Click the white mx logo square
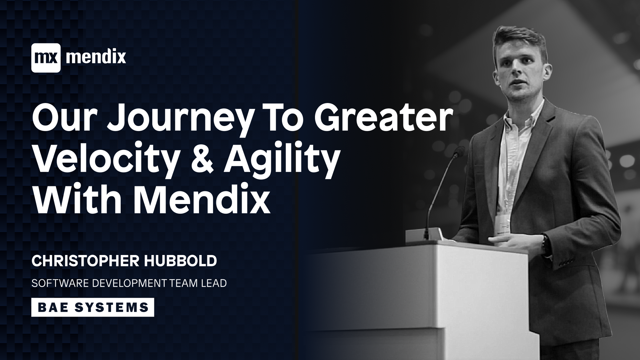[x=46, y=58]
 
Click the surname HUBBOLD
[x=180, y=261]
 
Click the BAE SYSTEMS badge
[x=93, y=307]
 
